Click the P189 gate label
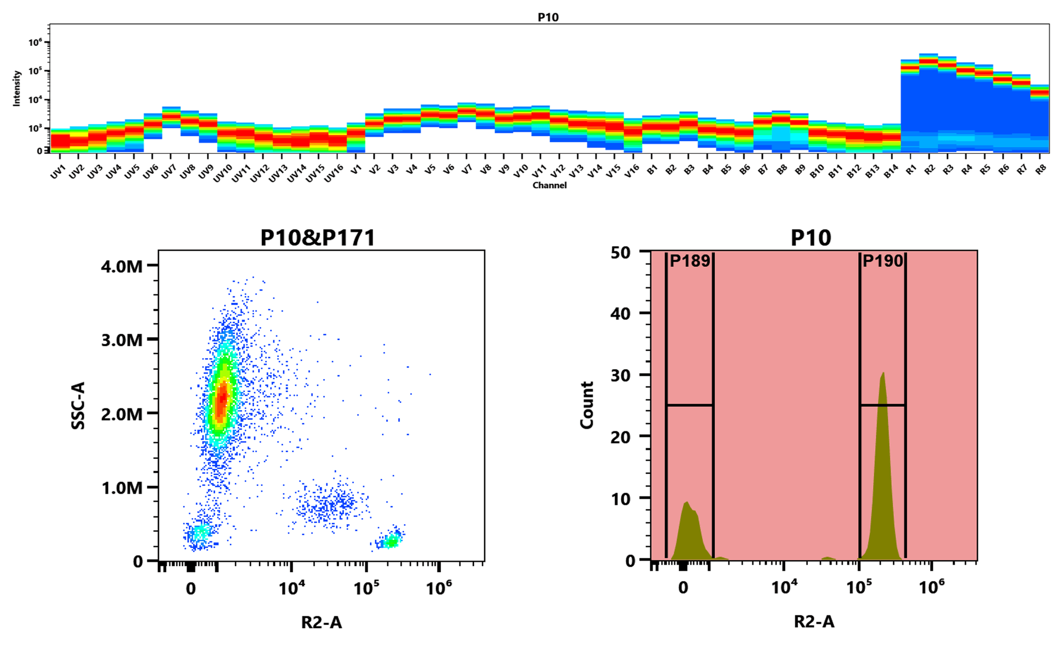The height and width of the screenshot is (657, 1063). pos(689,261)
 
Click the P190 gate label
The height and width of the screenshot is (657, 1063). pos(883,261)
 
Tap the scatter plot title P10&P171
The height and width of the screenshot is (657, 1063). pos(318,238)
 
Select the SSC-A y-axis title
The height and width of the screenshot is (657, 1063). pos(79,405)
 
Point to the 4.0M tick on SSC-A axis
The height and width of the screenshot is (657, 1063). pos(122,267)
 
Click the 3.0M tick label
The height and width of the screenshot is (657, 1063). pos(122,340)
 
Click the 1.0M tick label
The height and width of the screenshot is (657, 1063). pos(122,488)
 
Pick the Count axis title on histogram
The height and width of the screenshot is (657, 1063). pos(587,405)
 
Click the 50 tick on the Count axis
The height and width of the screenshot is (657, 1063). pos(620,252)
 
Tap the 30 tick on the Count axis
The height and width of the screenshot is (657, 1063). pos(620,375)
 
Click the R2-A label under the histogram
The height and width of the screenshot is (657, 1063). pos(814,622)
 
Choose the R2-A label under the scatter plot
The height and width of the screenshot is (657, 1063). pos(321,623)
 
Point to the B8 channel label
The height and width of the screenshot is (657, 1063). pos(781,170)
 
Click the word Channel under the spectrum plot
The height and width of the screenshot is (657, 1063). pos(549,185)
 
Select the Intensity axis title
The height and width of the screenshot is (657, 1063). pos(17,88)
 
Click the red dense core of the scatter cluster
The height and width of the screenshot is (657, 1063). pos(221,399)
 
